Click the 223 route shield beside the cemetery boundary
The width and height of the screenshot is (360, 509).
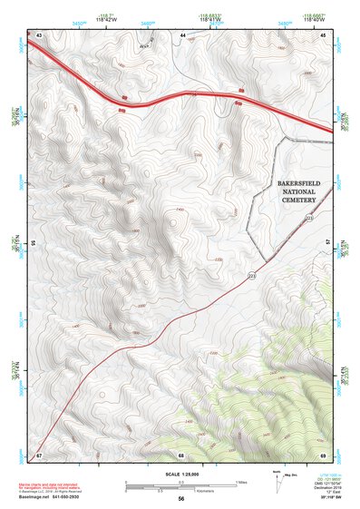(x=309, y=219)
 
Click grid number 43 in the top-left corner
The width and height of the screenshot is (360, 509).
(x=39, y=34)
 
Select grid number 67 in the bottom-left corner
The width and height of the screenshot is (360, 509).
(x=39, y=454)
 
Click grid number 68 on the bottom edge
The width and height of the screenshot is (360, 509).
(x=181, y=454)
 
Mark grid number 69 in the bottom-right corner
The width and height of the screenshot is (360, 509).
(x=322, y=454)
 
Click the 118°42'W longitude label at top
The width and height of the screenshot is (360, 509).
(x=113, y=17)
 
